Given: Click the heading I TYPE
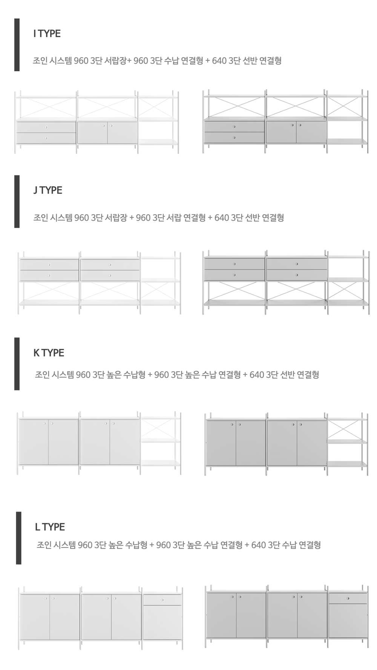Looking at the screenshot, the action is pos(47,34).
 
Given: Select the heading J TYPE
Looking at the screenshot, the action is pos(48,190).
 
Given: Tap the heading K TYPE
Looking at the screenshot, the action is pos(49,353).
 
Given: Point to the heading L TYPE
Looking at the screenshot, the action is pos(50,527).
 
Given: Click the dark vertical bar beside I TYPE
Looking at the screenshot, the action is pos(17,45).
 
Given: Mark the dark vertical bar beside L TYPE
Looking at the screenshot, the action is pos(18,538).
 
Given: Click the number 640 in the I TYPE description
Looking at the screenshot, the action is pos(219,61).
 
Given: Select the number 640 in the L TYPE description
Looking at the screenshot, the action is pos(259,545).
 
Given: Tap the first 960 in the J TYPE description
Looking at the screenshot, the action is pos(81,218).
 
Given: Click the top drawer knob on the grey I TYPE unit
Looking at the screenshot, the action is pos(234,127).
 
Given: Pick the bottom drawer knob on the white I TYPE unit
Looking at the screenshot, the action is pos(46,138).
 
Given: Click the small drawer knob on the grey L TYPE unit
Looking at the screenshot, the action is pos(348,598).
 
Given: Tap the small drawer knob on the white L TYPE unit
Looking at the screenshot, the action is pos(162,600).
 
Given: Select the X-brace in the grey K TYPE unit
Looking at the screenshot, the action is pos(347,429).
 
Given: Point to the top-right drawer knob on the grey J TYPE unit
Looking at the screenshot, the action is pos(297,264).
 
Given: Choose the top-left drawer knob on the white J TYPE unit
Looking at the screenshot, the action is pos(49,265).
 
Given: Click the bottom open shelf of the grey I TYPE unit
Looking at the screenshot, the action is pos(347,142).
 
